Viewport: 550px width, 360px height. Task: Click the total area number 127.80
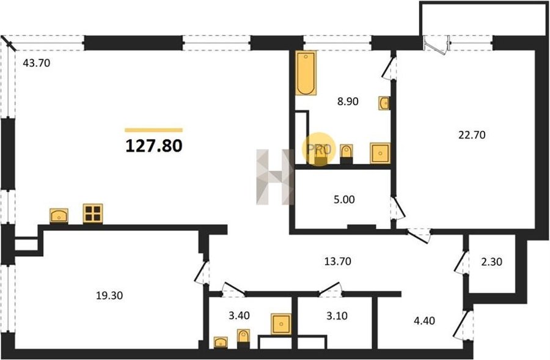click(x=153, y=145)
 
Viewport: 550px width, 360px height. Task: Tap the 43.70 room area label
click(x=37, y=63)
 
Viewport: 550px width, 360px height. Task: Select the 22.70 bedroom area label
click(x=472, y=134)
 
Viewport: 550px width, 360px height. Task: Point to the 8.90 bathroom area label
click(x=348, y=101)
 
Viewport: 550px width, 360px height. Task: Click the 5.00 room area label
click(x=344, y=200)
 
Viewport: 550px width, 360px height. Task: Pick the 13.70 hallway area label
click(x=337, y=262)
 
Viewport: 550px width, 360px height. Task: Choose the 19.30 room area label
click(x=109, y=296)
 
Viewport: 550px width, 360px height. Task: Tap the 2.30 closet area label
click(x=491, y=262)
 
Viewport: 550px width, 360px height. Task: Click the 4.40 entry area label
click(x=424, y=321)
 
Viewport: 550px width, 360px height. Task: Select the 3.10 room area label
click(x=337, y=316)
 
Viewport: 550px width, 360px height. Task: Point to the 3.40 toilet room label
click(x=239, y=316)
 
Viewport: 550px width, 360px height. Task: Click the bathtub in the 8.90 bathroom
click(x=306, y=73)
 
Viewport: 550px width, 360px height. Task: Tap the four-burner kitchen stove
click(x=93, y=213)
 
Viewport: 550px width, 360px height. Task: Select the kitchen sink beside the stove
click(x=59, y=216)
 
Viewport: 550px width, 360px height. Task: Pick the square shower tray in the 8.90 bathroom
click(x=380, y=153)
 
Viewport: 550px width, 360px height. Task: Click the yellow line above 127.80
click(x=153, y=130)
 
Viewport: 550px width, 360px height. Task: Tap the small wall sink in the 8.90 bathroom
click(x=384, y=103)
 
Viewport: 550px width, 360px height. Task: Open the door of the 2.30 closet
click(x=461, y=262)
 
